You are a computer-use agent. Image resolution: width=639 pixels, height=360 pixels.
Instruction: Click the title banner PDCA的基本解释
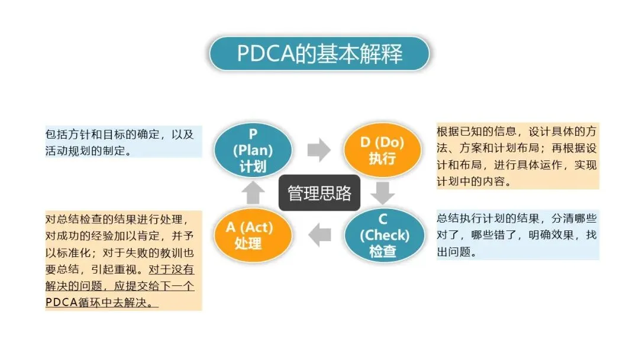pyautogui.click(x=319, y=54)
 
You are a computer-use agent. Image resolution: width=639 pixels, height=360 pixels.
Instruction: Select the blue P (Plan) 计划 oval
pyautogui.click(x=253, y=150)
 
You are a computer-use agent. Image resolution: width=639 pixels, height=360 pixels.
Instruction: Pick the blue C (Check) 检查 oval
pyautogui.click(x=384, y=235)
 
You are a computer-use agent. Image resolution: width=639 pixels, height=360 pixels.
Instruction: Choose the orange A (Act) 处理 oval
pyautogui.click(x=253, y=235)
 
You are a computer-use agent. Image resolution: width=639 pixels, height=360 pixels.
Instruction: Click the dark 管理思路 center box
pyautogui.click(x=319, y=193)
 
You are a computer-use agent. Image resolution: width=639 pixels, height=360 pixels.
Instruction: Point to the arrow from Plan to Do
pyautogui.click(x=319, y=150)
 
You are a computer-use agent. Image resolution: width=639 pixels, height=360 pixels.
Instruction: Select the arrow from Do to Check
pyautogui.click(x=384, y=192)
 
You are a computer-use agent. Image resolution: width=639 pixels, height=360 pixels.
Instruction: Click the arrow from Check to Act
pyautogui.click(x=320, y=235)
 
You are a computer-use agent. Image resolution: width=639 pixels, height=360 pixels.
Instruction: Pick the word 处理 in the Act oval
pyautogui.click(x=248, y=243)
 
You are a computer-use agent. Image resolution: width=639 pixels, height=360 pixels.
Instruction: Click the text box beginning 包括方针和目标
pyautogui.click(x=124, y=142)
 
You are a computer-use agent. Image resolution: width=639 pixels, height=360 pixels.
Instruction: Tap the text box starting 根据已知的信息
pyautogui.click(x=517, y=156)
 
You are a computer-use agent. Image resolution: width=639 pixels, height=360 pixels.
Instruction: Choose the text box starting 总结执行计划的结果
pyautogui.click(x=517, y=235)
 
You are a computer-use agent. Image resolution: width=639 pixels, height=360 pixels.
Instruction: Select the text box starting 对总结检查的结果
pyautogui.click(x=124, y=261)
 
